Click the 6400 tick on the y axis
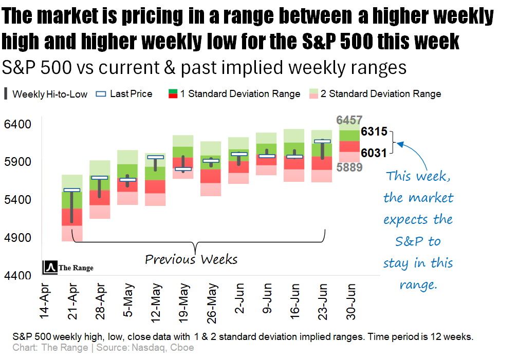(x=18, y=124)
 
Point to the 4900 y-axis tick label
(x=18, y=238)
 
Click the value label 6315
(x=374, y=131)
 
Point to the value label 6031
(x=374, y=154)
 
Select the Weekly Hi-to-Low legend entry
(x=46, y=94)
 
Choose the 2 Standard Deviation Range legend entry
(x=375, y=94)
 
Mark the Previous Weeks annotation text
(x=191, y=259)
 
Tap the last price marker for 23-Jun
(x=322, y=141)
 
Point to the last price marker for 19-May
(x=183, y=168)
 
